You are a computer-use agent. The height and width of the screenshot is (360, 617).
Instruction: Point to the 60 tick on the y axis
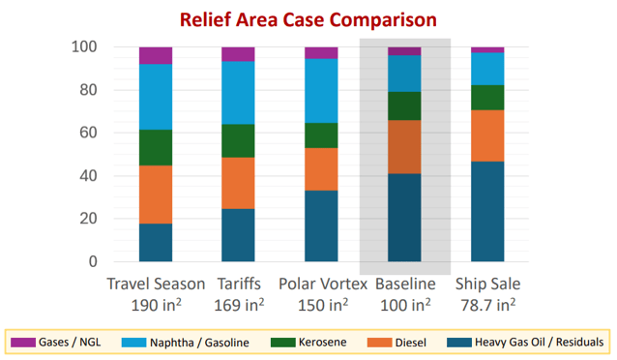point(89,133)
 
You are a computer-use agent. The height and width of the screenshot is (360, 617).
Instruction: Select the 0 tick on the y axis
point(93,261)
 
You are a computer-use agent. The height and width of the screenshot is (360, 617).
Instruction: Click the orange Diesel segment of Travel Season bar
point(156,194)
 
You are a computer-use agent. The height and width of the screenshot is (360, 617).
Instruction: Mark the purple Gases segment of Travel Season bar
point(156,55)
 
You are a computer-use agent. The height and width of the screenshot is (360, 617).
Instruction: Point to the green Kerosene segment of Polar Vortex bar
point(321,135)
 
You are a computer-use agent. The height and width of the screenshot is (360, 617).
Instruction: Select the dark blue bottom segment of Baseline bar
point(404,218)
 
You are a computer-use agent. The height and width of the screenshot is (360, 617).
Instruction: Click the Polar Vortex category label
point(322,284)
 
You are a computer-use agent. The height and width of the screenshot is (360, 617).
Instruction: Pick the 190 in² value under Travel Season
point(156,305)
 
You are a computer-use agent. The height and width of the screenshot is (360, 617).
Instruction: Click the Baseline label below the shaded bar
point(404,284)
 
